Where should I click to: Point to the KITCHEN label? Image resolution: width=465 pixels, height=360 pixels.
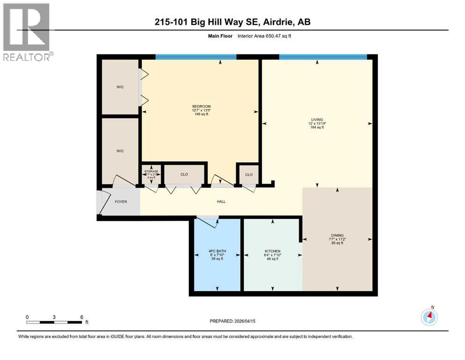[x=272, y=252]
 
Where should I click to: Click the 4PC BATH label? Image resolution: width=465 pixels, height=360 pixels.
[x=215, y=252]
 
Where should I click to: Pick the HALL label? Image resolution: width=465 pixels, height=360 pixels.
[x=221, y=202]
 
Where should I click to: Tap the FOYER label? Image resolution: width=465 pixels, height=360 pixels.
[x=121, y=202]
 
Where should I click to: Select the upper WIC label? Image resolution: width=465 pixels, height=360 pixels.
[x=120, y=87]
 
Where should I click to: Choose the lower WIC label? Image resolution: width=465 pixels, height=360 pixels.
[x=120, y=151]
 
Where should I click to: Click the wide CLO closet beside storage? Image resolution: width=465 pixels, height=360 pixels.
[x=184, y=174]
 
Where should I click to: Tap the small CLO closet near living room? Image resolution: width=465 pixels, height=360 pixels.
[x=249, y=174]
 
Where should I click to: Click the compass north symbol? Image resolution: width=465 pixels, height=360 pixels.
[x=429, y=317]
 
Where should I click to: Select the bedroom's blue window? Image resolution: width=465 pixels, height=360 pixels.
[x=196, y=57]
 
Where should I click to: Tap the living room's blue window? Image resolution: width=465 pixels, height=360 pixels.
[x=323, y=57]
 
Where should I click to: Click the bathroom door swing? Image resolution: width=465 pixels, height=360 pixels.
[x=208, y=222]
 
